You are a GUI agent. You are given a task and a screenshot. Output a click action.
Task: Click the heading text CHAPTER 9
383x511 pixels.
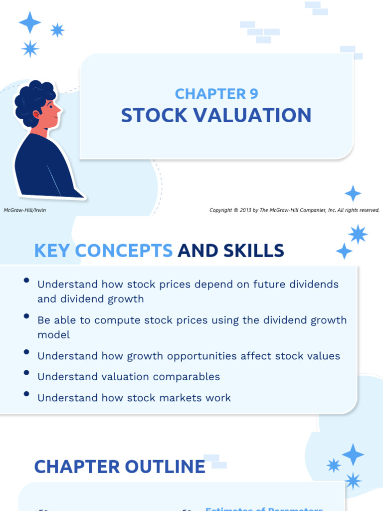click(216, 94)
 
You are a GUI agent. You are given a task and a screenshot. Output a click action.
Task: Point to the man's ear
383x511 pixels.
click(36, 114)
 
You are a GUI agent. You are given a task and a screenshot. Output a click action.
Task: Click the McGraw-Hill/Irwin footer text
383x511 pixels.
click(25, 210)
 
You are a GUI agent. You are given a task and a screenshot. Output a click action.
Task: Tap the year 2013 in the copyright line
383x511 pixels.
click(246, 210)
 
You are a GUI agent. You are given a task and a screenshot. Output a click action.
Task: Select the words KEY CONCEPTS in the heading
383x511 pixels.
click(103, 251)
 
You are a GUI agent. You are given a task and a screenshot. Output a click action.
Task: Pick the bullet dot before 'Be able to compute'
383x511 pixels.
click(26, 316)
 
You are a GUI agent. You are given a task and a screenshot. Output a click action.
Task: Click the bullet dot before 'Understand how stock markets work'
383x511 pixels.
click(26, 394)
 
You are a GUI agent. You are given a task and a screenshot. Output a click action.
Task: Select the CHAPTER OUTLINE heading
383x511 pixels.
click(120, 467)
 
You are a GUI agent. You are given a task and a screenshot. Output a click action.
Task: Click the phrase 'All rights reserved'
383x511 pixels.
click(359, 210)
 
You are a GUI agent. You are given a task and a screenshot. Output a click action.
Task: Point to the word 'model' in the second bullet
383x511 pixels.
click(53, 335)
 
